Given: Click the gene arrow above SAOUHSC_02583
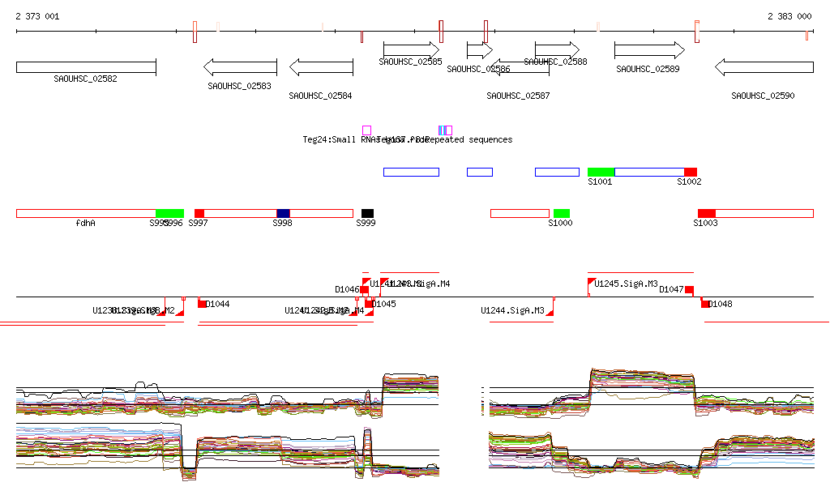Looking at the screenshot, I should [x=240, y=67].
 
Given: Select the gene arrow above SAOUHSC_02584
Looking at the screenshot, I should [x=321, y=67].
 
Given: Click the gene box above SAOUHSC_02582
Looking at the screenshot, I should [x=86, y=67].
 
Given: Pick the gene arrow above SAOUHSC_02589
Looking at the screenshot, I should [x=649, y=50].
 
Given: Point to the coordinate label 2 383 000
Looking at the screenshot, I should [x=789, y=16].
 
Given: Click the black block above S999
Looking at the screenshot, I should [x=368, y=213].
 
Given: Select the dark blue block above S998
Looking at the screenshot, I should [x=283, y=213].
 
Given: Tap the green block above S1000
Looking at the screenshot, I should [x=562, y=213].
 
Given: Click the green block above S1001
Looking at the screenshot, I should [x=601, y=172].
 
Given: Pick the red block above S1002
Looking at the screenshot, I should [x=691, y=172].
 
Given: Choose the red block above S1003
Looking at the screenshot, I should [x=707, y=213].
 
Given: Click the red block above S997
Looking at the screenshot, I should [x=199, y=213].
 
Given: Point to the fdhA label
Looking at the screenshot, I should [x=85, y=223].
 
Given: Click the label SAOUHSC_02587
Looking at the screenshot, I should [x=518, y=96].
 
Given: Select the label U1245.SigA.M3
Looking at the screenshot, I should [x=626, y=284].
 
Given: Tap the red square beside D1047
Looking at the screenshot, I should [x=690, y=290].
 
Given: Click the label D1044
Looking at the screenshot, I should [x=217, y=305].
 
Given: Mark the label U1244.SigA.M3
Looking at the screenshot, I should [x=512, y=310].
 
